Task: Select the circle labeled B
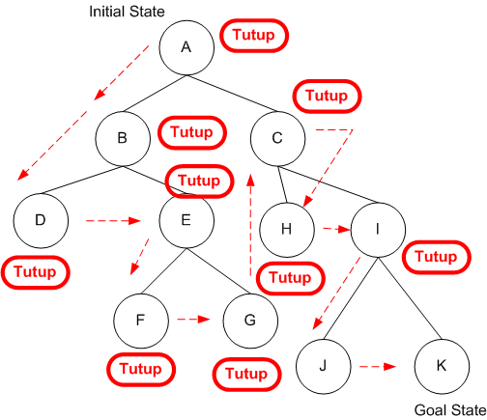tap(122, 138)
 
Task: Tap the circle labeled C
tap(277, 138)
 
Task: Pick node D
tap(41, 219)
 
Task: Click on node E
tap(186, 219)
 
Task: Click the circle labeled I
tap(378, 229)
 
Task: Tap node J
tap(323, 366)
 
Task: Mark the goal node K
tap(441, 366)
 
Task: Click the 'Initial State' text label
tap(126, 12)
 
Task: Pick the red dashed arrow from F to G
tap(193, 317)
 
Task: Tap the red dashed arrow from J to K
tap(378, 367)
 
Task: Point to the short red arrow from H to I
tap(332, 229)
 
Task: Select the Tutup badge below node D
tap(37, 272)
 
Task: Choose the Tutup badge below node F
tap(141, 368)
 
